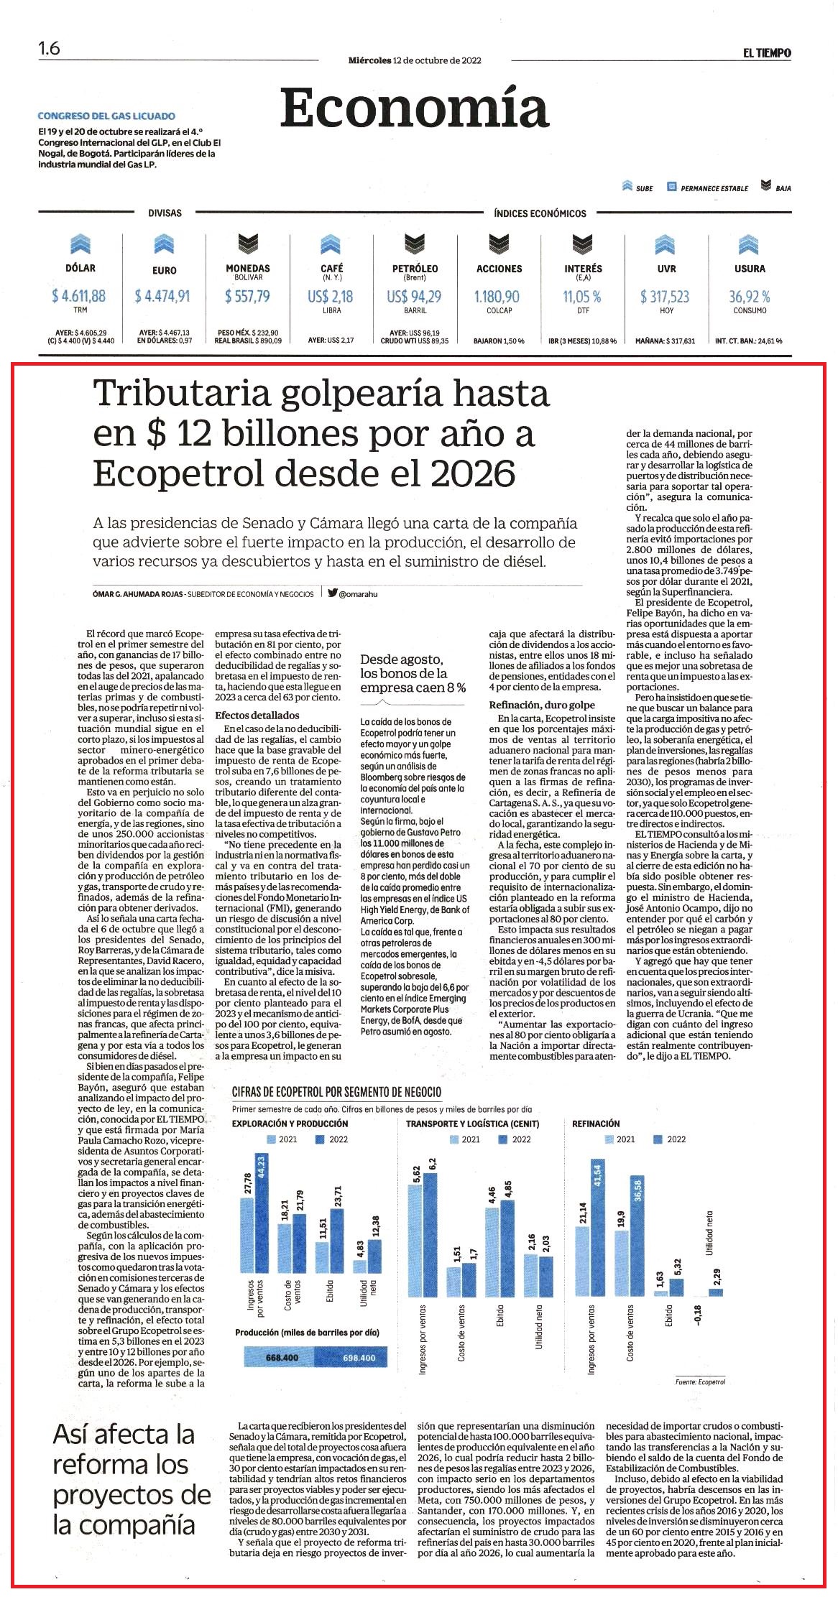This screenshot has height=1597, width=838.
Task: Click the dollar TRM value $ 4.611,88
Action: click(x=79, y=295)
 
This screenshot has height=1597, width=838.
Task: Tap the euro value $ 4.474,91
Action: click(x=162, y=295)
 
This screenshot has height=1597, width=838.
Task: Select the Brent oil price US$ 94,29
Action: click(x=414, y=296)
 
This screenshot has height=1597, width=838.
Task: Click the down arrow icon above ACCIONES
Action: click(x=499, y=244)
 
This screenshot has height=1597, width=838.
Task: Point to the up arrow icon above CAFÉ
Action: click(x=331, y=244)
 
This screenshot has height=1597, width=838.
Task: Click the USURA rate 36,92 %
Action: click(x=750, y=296)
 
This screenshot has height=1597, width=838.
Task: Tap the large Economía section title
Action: click(x=414, y=108)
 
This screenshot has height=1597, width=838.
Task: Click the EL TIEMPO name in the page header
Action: click(x=767, y=52)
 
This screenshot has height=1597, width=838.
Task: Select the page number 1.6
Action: click(x=49, y=49)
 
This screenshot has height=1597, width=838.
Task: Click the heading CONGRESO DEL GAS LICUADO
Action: click(x=106, y=116)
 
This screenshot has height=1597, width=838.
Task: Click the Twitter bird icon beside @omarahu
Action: click(x=332, y=593)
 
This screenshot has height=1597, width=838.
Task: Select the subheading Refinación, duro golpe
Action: click(x=542, y=705)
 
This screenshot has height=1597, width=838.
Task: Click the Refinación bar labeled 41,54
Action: click(x=597, y=1227)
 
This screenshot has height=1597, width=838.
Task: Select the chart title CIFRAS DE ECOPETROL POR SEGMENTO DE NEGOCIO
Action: click(x=336, y=1092)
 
